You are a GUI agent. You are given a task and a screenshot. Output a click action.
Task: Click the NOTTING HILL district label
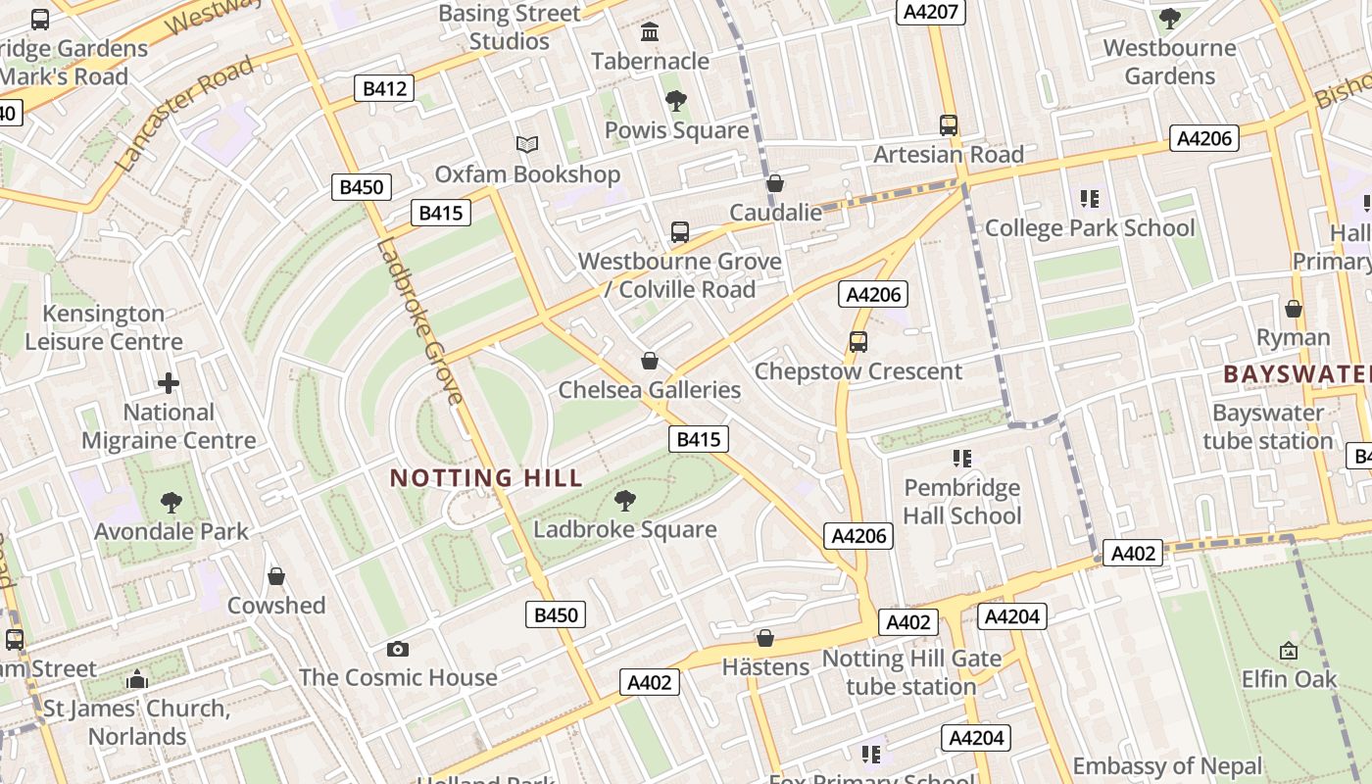click(486, 478)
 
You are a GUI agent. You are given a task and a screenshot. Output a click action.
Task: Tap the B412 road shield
click(384, 89)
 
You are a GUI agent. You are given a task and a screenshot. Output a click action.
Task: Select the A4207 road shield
click(931, 12)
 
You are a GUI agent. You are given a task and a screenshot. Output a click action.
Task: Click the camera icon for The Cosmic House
click(397, 649)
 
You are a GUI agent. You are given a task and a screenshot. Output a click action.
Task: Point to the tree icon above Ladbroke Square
click(624, 501)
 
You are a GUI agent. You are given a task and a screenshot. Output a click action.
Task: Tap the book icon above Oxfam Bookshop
click(527, 145)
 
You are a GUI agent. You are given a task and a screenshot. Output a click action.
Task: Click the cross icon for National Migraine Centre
click(169, 383)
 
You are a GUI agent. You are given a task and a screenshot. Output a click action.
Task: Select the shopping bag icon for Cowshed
click(276, 576)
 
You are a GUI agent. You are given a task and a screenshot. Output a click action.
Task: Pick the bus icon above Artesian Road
click(948, 125)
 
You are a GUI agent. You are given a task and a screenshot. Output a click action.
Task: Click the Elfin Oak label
click(1289, 678)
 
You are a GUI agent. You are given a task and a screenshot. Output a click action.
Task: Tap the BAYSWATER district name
click(1296, 374)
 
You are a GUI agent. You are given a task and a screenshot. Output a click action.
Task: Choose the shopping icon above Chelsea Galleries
click(649, 361)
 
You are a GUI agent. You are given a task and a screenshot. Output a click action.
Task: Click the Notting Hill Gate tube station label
click(911, 672)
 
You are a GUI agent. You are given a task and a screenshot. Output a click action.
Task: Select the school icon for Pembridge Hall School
click(961, 459)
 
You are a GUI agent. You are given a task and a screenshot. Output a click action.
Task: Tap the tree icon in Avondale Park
click(171, 503)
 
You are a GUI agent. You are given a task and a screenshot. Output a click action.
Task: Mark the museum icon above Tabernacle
click(649, 32)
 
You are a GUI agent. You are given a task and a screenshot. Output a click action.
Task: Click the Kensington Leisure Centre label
click(104, 327)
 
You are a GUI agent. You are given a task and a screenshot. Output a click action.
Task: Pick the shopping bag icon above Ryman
click(1294, 309)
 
